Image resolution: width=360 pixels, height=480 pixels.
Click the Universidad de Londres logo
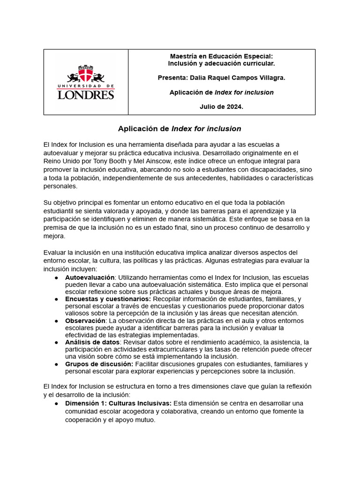(x=86, y=82)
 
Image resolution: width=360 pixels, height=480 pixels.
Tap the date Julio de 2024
(x=221, y=107)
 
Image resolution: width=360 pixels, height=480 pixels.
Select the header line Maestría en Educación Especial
(x=221, y=56)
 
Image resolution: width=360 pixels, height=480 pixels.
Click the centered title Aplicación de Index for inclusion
(x=180, y=128)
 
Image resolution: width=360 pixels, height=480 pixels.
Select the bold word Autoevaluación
(x=90, y=278)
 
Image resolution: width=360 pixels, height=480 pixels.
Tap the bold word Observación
(x=85, y=321)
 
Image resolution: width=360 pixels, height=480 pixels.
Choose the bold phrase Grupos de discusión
(x=99, y=364)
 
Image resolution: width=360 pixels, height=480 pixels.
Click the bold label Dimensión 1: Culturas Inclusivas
(x=119, y=403)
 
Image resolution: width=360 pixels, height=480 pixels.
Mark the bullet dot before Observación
(x=56, y=321)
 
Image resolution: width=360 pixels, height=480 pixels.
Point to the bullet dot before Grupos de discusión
(x=56, y=364)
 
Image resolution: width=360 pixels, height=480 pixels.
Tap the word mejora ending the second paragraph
(x=54, y=236)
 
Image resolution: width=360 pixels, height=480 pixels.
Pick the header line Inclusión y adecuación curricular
(x=221, y=63)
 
